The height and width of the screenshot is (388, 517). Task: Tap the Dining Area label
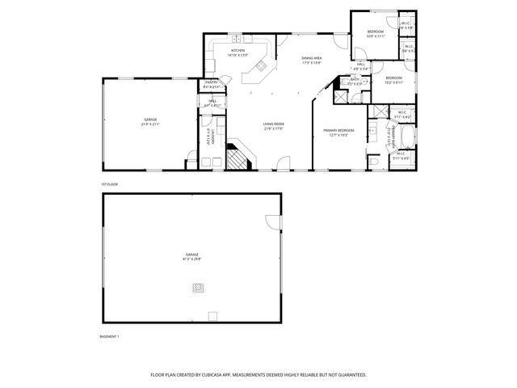coord(312,59)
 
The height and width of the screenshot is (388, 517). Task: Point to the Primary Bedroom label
coord(339,130)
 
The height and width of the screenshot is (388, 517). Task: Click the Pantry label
coord(211,82)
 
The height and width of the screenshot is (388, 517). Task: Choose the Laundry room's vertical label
coord(210,137)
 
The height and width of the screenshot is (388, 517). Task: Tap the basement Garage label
coord(191,255)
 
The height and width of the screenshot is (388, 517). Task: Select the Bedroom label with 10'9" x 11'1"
coord(376,32)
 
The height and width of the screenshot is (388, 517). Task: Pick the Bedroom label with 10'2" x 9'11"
coord(393,78)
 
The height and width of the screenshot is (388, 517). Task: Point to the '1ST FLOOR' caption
coord(109,184)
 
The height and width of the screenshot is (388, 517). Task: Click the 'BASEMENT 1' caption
coord(109,335)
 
